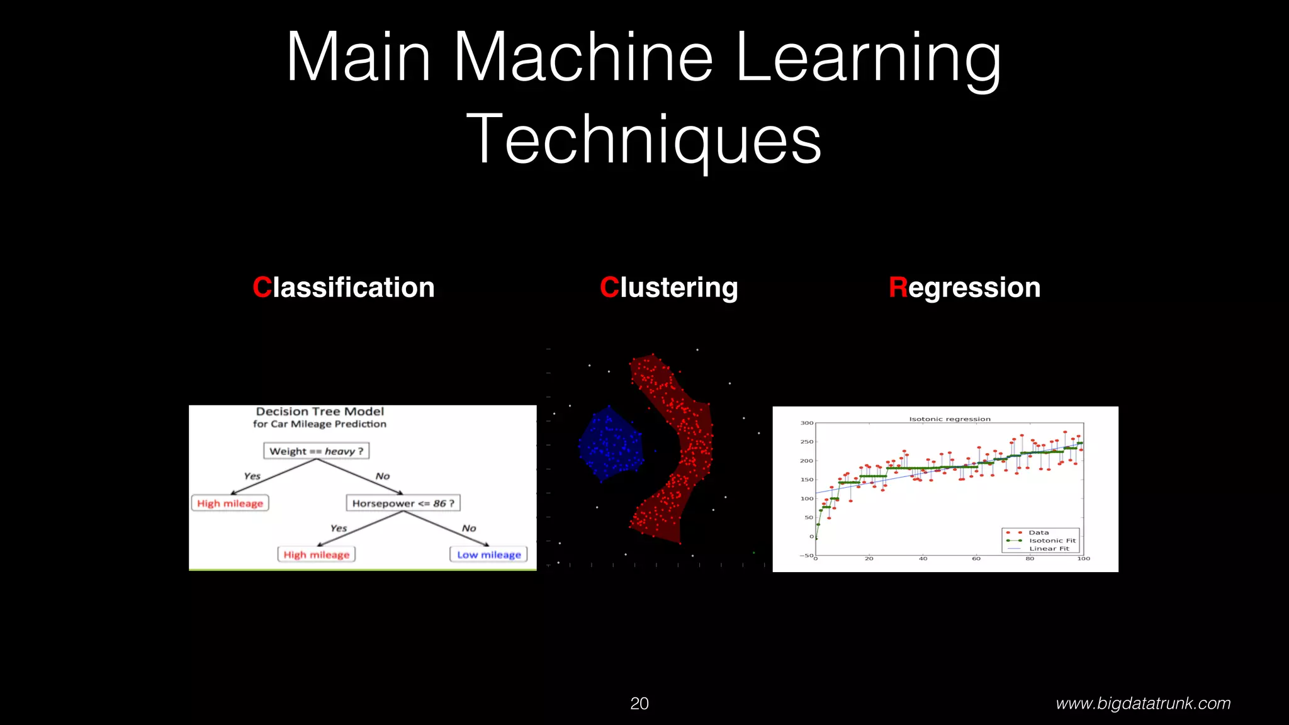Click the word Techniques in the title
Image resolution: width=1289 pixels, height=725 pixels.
point(644,140)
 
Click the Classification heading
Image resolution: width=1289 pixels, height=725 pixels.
point(344,288)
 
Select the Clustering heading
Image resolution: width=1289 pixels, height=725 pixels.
point(668,288)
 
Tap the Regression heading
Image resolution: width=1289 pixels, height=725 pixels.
point(964,288)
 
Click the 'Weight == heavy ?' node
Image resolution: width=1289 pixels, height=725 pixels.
point(317,451)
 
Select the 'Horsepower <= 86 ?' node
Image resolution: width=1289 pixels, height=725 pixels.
point(403,503)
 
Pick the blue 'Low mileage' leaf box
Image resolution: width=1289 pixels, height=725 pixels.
point(489,554)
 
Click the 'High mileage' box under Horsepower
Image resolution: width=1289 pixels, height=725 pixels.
point(317,554)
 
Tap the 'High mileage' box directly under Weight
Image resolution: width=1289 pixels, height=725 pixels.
point(230,503)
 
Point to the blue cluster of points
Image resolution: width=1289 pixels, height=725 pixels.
point(610,444)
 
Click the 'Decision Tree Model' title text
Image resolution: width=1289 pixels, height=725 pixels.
point(320,412)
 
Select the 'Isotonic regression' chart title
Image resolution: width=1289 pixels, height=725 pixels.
point(950,419)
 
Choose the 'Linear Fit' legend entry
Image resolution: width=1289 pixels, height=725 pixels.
point(1049,549)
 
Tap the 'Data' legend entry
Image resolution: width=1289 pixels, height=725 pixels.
point(1039,532)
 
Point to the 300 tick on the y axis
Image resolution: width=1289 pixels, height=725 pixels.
point(806,423)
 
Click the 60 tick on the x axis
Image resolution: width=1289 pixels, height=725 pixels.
point(976,559)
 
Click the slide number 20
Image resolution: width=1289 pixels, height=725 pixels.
point(639,704)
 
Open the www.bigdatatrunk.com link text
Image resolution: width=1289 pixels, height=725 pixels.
point(1143,704)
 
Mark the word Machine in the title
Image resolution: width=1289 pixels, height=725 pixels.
point(583,58)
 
